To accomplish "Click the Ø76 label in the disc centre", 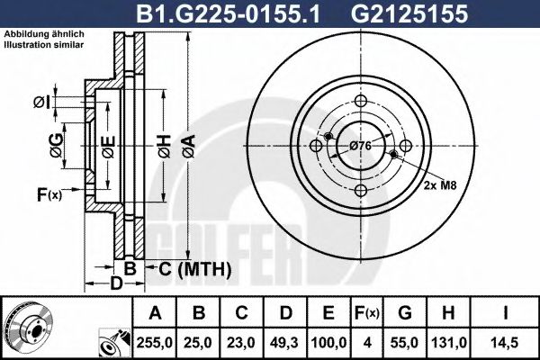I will click(x=361, y=146).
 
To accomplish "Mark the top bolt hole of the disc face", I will click(x=361, y=101).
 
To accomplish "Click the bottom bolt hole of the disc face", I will click(x=361, y=190).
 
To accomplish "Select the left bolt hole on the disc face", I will click(x=316, y=146).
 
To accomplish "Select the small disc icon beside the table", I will click(x=25, y=327).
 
